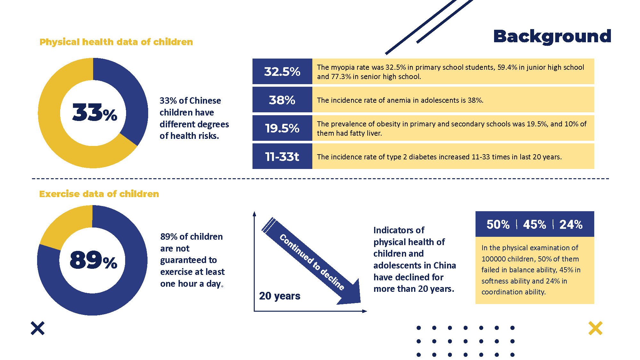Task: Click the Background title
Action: pyautogui.click(x=552, y=36)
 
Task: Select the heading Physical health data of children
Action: pyautogui.click(x=116, y=42)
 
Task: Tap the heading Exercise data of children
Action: pyautogui.click(x=99, y=194)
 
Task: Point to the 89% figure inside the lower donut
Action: pyautogui.click(x=93, y=260)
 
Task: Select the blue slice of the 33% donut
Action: pyautogui.click(x=128, y=96)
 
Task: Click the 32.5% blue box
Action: pyautogui.click(x=282, y=71)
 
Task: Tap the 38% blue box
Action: pyautogui.click(x=282, y=100)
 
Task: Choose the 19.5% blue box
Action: pyautogui.click(x=282, y=128)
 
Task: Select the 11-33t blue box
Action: pyautogui.click(x=282, y=156)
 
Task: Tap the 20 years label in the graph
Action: pyautogui.click(x=279, y=296)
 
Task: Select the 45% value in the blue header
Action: pyautogui.click(x=534, y=224)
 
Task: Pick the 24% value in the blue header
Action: pyautogui.click(x=571, y=224)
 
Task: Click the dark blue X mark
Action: pyautogui.click(x=38, y=328)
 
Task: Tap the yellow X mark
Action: pyautogui.click(x=595, y=328)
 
